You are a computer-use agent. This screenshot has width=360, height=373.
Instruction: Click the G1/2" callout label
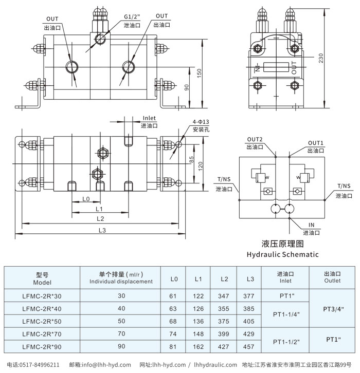pos(132,16)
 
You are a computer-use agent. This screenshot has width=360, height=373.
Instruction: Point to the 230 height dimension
pos(321,59)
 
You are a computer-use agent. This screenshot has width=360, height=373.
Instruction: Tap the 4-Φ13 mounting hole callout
pos(201,121)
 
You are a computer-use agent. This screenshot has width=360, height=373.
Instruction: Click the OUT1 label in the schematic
pos(316,142)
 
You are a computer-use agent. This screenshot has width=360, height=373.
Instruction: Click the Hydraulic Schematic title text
pos(282,254)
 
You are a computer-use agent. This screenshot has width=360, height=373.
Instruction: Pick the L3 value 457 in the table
pos(250,347)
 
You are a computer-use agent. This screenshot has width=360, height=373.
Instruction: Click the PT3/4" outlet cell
pos(333,309)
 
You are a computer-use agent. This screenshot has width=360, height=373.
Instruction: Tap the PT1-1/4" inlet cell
pos(286,315)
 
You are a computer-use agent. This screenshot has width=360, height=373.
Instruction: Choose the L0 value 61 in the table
pos(173,296)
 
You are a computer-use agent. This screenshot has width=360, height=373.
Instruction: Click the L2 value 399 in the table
pos(224,334)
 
